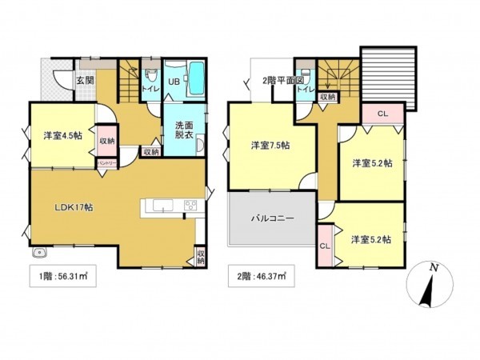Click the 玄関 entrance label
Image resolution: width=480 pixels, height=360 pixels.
[x=86, y=80]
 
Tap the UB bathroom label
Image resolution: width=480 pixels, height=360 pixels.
[x=172, y=81]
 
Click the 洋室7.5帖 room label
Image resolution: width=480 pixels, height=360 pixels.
[x=270, y=145]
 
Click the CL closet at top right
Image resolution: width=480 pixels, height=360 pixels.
[x=382, y=114]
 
